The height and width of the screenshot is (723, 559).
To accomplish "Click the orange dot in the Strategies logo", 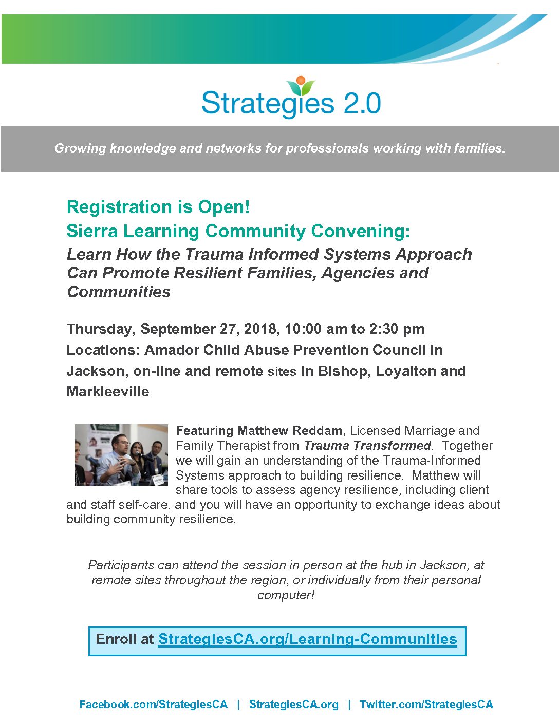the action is [301, 80].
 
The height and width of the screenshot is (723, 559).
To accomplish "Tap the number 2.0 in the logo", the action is [362, 104].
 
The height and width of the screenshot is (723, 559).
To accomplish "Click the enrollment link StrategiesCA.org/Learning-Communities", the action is [308, 639].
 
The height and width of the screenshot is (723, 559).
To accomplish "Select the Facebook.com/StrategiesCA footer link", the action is [154, 704].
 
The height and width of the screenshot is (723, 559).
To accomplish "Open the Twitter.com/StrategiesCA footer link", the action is [426, 704].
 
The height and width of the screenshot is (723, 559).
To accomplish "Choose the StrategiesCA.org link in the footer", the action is [294, 704].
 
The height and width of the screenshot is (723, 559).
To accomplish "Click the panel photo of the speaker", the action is [121, 454].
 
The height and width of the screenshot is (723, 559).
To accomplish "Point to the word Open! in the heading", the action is [223, 207].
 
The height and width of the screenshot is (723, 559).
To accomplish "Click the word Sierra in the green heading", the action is [92, 231].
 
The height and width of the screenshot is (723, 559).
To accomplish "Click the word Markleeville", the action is [108, 392].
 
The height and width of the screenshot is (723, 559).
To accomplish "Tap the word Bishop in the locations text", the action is [345, 371].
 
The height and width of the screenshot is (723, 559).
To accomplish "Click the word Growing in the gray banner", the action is [80, 148].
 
